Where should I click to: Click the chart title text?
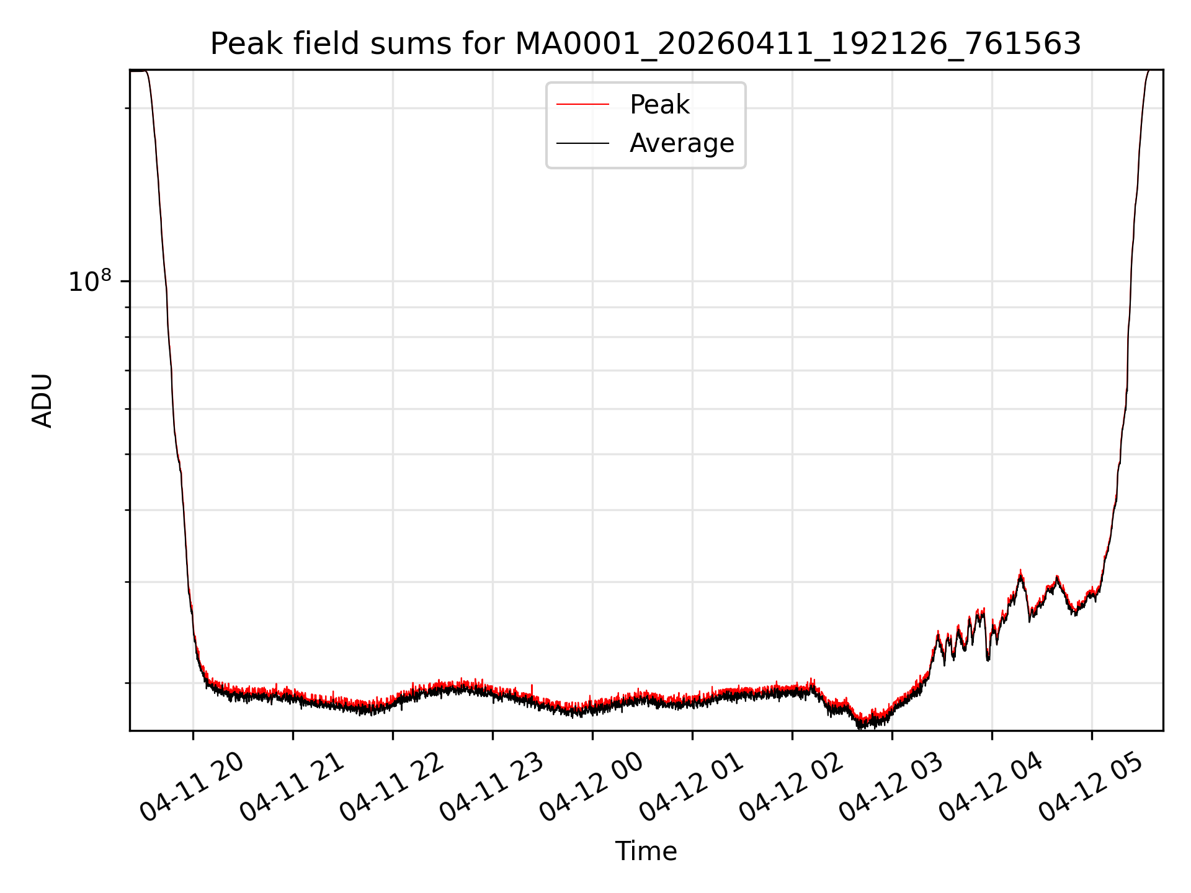point(646,44)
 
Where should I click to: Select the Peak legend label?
point(659,105)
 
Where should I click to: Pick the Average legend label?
point(682,143)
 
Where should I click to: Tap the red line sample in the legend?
point(582,104)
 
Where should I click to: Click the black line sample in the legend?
point(582,143)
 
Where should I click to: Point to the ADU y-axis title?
point(42,401)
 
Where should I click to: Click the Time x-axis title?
point(646,851)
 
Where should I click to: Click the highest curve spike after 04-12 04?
point(1020,571)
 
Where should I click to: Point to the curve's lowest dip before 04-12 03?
point(860,727)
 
